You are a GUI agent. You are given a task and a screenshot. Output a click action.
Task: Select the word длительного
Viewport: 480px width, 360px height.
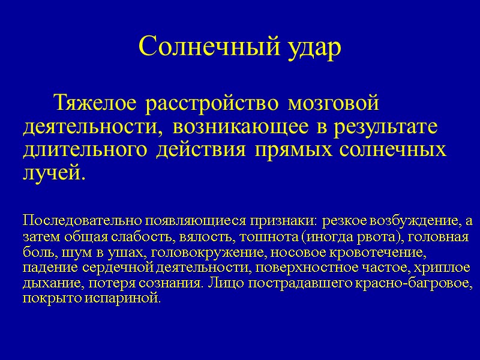[x=86, y=150]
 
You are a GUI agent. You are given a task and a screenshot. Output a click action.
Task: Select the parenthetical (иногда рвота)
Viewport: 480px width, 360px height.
[x=343, y=236]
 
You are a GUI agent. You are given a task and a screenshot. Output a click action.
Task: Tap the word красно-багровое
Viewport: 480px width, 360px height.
[x=416, y=283]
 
